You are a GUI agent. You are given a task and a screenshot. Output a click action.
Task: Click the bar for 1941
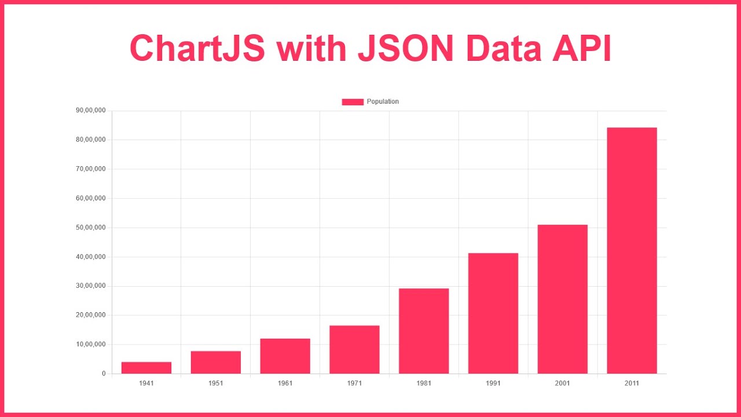coord(146,368)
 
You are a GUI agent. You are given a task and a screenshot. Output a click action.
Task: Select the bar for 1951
coord(216,363)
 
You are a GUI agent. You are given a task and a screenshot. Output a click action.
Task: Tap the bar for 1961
coord(285,356)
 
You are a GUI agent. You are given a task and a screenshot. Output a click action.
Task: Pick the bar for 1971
coord(354,350)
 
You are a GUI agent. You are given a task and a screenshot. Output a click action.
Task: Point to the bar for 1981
coord(424,331)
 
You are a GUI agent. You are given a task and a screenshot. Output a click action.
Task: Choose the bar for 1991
coord(493,313)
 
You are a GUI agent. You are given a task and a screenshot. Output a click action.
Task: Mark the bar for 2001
coord(562,299)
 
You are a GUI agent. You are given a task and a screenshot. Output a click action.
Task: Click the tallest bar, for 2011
coord(632,251)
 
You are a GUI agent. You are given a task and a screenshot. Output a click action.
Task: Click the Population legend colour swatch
coord(353,102)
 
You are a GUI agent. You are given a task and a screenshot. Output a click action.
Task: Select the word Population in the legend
coord(383,102)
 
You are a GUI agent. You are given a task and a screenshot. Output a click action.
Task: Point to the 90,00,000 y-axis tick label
coord(91,111)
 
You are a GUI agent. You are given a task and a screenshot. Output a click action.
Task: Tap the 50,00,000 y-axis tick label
coord(91,228)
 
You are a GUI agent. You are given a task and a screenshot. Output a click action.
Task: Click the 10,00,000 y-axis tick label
coord(91,345)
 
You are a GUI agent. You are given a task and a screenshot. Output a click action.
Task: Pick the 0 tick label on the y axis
coord(104,374)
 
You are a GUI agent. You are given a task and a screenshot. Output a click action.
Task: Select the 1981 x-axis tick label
coord(424,383)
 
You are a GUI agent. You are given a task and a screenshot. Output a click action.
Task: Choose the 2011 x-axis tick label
coord(632,383)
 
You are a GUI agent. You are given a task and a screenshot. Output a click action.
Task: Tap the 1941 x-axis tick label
coord(146,383)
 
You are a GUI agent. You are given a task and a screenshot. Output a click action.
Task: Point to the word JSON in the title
coord(405,48)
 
